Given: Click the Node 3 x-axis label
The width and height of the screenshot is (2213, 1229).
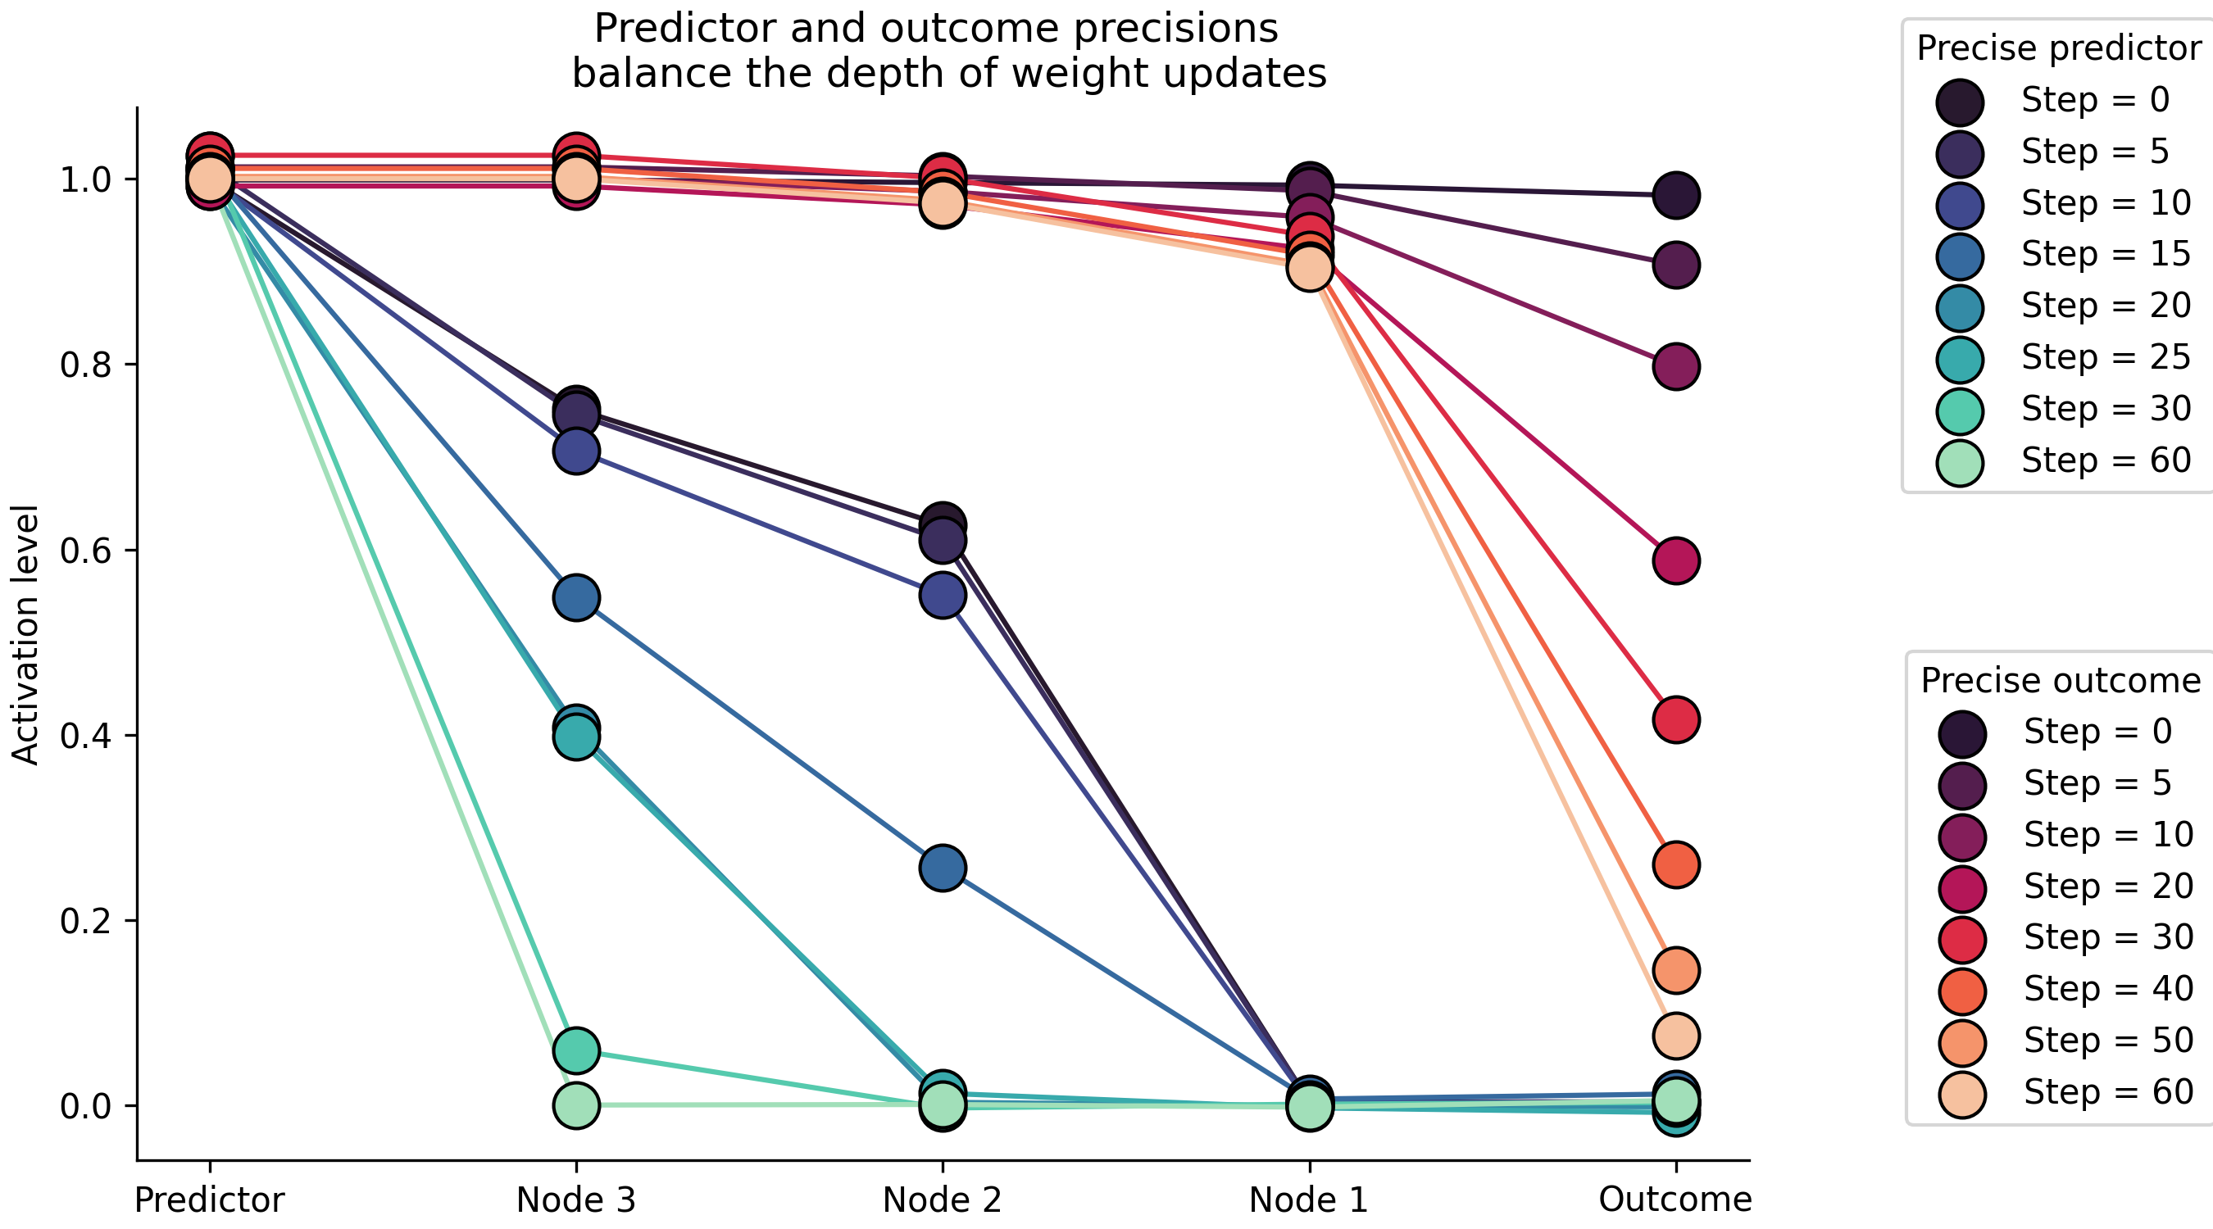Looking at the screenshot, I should tap(575, 1199).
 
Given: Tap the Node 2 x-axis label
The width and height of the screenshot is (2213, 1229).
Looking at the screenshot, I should tap(942, 1199).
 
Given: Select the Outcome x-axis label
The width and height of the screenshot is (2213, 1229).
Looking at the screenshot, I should tap(1675, 1199).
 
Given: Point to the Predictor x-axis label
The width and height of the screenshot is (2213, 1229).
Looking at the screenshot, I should tap(209, 1199).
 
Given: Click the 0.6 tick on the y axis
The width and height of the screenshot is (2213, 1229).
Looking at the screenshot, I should tap(86, 551).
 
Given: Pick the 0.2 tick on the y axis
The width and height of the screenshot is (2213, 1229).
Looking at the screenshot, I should tap(86, 921).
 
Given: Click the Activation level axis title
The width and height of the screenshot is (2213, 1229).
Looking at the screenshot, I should tap(25, 635).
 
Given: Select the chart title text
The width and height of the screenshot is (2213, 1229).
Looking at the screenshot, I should tap(948, 51).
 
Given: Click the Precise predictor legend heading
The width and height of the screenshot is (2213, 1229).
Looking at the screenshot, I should tap(2058, 48).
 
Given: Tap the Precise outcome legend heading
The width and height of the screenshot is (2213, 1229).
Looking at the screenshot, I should tap(2060, 680).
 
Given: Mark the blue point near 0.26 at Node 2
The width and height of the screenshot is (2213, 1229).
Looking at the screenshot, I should tap(943, 868).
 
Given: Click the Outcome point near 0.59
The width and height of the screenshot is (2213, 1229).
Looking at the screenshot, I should tap(1675, 560).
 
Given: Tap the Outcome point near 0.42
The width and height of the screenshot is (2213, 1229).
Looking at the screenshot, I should tap(1675, 719).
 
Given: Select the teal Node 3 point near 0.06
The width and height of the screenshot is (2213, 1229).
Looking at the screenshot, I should tap(576, 1050).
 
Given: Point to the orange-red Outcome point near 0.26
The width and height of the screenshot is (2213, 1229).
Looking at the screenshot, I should tap(1675, 865).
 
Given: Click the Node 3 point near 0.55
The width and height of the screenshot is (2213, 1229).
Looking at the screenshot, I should tap(576, 598).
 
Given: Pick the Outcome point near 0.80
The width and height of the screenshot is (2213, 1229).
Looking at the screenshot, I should tap(1675, 367).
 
